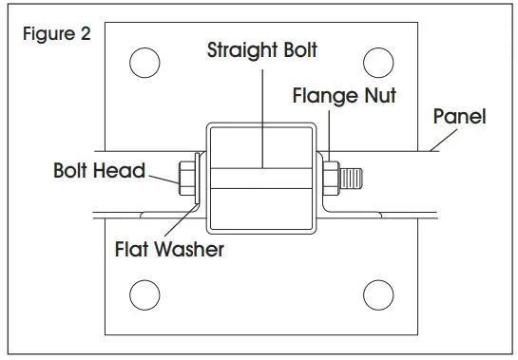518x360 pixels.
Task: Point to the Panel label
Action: point(459,117)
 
